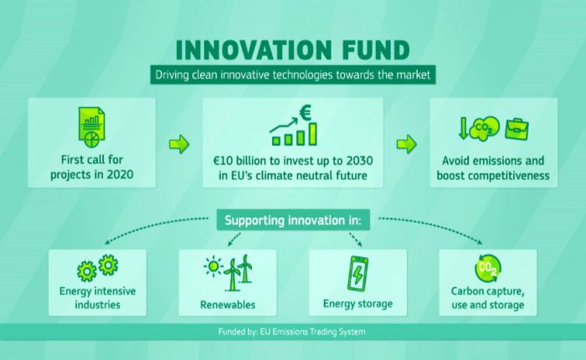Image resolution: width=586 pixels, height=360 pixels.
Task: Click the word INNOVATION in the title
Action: click(x=254, y=49)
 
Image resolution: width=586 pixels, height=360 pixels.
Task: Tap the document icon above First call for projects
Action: click(x=91, y=127)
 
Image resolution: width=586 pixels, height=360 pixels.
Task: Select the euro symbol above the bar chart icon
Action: click(x=306, y=113)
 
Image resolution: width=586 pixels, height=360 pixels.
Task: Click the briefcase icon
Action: click(x=517, y=129)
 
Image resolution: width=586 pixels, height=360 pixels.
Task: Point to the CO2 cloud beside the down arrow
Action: click(x=484, y=128)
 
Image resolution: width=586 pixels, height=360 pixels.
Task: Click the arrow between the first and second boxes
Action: click(x=179, y=144)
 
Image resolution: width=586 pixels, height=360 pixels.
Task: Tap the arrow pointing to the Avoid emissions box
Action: click(x=407, y=144)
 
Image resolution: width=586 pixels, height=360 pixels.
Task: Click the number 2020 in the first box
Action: click(x=120, y=175)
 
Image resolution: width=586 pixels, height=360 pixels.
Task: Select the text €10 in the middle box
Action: click(x=224, y=161)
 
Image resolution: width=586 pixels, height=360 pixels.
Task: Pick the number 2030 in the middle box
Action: click(x=359, y=161)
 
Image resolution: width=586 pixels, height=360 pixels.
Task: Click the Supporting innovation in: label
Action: click(x=293, y=220)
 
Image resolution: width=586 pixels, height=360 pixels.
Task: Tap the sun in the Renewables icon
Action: click(x=213, y=266)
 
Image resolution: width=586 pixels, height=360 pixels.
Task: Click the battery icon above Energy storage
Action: click(x=357, y=274)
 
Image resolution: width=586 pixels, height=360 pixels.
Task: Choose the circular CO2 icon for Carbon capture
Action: click(x=488, y=268)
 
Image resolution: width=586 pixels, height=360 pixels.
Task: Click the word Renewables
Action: click(x=228, y=305)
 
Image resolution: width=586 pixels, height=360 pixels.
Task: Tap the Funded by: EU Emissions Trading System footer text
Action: click(x=292, y=332)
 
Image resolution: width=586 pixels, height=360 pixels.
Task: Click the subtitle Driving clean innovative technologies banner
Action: click(x=293, y=75)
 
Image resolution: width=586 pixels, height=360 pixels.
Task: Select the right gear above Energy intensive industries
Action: click(x=108, y=265)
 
